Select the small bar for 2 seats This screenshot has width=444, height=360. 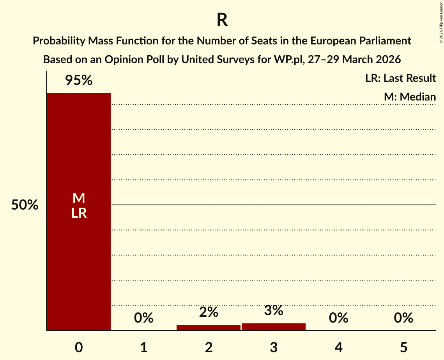(209, 328)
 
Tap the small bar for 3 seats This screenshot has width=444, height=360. (274, 327)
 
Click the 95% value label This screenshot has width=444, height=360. (78, 81)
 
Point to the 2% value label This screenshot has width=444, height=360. (209, 312)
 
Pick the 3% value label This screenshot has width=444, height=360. (274, 311)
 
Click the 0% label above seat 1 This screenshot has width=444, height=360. (143, 318)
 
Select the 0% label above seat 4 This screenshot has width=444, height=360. (338, 318)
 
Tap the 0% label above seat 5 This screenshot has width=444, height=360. (403, 318)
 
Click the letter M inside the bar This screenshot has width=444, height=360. (78, 198)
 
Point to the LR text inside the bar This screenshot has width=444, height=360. (78, 213)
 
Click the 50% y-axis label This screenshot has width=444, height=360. (25, 205)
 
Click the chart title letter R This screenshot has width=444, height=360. (222, 20)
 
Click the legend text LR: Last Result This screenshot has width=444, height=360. (400, 78)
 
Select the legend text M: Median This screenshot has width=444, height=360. (410, 97)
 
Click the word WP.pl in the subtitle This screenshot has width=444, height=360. (288, 60)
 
